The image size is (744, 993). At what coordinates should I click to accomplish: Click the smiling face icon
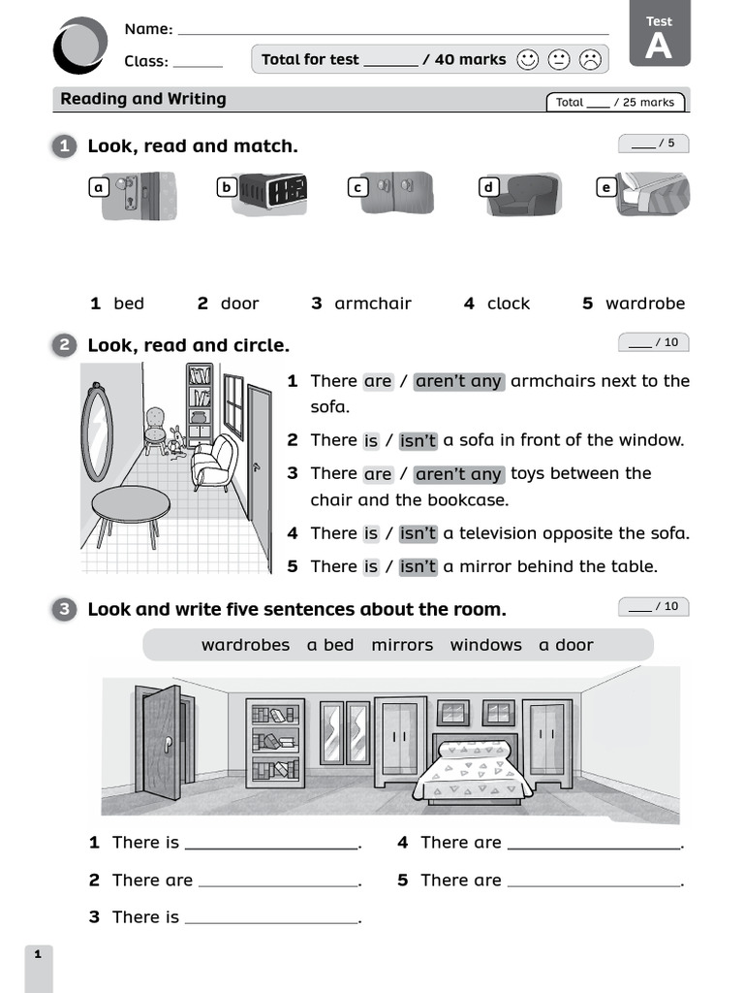(x=527, y=60)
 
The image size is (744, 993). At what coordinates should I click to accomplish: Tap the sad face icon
(x=589, y=60)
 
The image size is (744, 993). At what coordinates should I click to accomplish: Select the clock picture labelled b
(x=272, y=192)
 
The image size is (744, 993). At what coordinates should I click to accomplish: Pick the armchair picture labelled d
(x=523, y=195)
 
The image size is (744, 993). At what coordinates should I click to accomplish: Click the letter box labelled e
(x=606, y=187)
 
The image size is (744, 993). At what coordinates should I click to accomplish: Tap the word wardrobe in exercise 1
(x=644, y=304)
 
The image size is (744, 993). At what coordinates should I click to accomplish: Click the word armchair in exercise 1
(x=372, y=304)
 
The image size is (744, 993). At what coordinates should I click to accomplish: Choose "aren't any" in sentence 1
(x=458, y=381)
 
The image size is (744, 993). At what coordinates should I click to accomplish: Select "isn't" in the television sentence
(x=418, y=533)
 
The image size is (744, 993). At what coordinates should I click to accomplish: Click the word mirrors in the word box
(x=402, y=645)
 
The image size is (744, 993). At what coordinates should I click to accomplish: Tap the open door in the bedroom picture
(x=160, y=742)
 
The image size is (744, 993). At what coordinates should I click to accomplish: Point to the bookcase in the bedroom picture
(x=274, y=742)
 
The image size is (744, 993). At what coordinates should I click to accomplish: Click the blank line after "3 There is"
(x=271, y=918)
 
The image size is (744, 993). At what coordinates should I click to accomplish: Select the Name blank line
(x=393, y=30)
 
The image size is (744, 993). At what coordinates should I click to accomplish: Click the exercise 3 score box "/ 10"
(x=654, y=607)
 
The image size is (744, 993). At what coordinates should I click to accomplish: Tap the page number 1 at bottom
(x=38, y=955)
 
